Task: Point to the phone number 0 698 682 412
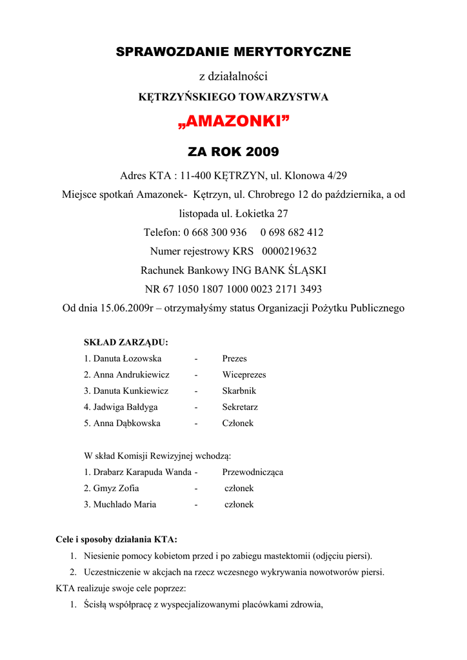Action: coord(292,232)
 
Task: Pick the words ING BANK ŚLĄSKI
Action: coord(283,270)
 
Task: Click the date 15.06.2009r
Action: coord(126,308)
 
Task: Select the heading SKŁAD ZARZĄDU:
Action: coord(126,342)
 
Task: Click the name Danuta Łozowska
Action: coord(127,358)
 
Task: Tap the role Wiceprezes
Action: coord(244,374)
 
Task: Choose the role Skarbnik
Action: coord(239,391)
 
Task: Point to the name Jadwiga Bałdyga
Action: coord(125,407)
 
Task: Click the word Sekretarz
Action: coord(240,407)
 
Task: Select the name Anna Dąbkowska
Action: coord(126,423)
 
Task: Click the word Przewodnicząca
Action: coord(252,472)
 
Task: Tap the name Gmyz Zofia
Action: coord(116,488)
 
